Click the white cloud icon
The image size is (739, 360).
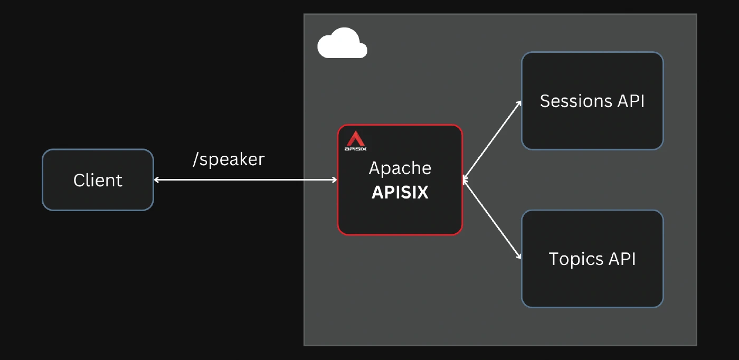342,43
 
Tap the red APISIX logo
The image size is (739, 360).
355,139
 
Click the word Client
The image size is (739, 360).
98,180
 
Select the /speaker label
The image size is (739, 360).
229,160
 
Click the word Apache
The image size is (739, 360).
400,168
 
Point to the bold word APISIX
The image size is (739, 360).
400,192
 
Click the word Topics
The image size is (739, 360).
576,259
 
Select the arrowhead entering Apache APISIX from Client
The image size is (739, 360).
334,180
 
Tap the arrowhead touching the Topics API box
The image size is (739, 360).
518,255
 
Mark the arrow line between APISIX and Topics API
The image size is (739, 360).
492,220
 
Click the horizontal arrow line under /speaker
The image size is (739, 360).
245,180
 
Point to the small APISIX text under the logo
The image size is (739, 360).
355,149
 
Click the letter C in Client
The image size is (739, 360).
79,180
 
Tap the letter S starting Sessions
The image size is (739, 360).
545,101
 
